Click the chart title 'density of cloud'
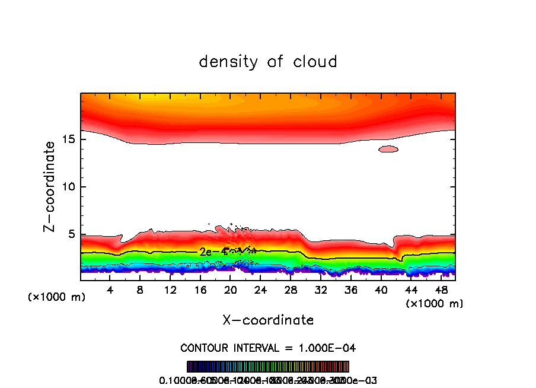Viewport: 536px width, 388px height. (x=268, y=62)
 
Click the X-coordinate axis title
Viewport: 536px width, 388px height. (x=268, y=320)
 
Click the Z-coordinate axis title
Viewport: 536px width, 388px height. (x=50, y=186)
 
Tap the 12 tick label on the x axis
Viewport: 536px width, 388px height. (x=170, y=291)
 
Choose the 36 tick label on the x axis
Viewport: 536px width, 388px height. (x=350, y=291)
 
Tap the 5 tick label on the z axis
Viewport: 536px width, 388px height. (x=72, y=234)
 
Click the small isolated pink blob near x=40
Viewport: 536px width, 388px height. (x=388, y=149)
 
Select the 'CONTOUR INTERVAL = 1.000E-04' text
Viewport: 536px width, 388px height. (x=268, y=348)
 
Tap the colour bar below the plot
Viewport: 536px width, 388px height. (x=268, y=367)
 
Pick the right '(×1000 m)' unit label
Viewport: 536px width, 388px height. (x=434, y=304)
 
